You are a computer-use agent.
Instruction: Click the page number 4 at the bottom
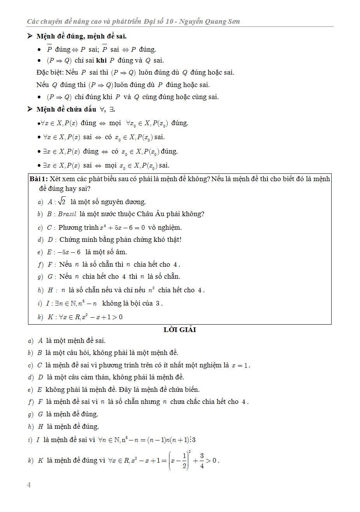pyautogui.click(x=29, y=485)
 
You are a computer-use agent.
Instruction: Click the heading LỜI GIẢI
pyautogui.click(x=180, y=330)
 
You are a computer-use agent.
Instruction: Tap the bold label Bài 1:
pyautogui.click(x=38, y=179)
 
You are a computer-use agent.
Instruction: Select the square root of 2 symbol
pyautogui.click(x=62, y=201)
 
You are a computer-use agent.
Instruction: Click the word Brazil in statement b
pyautogui.click(x=67, y=214)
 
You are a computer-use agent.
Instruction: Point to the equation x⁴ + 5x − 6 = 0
pyautogui.click(x=122, y=227)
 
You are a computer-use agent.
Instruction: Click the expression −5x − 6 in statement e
pyautogui.click(x=69, y=252)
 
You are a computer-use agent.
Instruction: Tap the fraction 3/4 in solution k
pyautogui.click(x=202, y=460)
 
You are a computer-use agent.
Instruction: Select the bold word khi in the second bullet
pyautogui.click(x=101, y=60)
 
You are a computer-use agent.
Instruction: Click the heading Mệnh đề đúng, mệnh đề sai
pyautogui.click(x=82, y=36)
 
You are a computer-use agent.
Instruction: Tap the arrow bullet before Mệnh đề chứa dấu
pyautogui.click(x=30, y=109)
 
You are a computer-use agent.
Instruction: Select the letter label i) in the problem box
pyautogui.click(x=40, y=303)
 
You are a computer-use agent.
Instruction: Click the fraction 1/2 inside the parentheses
pyautogui.click(x=184, y=460)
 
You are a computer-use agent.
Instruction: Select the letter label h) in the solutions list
pyautogui.click(x=31, y=426)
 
